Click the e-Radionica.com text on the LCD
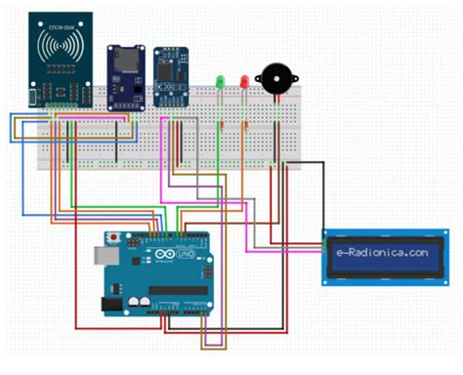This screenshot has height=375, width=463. (381, 252)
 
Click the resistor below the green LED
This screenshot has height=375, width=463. (223, 124)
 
